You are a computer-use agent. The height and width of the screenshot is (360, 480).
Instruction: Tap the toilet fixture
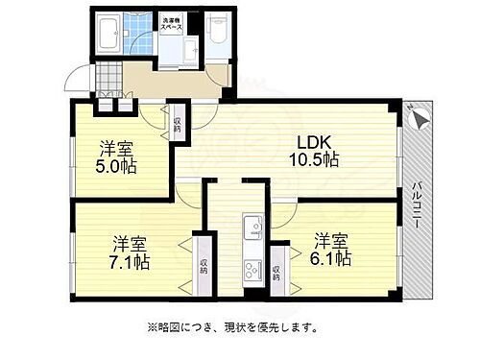point(218,29)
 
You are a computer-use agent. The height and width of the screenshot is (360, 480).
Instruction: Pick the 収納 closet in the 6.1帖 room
point(276,270)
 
